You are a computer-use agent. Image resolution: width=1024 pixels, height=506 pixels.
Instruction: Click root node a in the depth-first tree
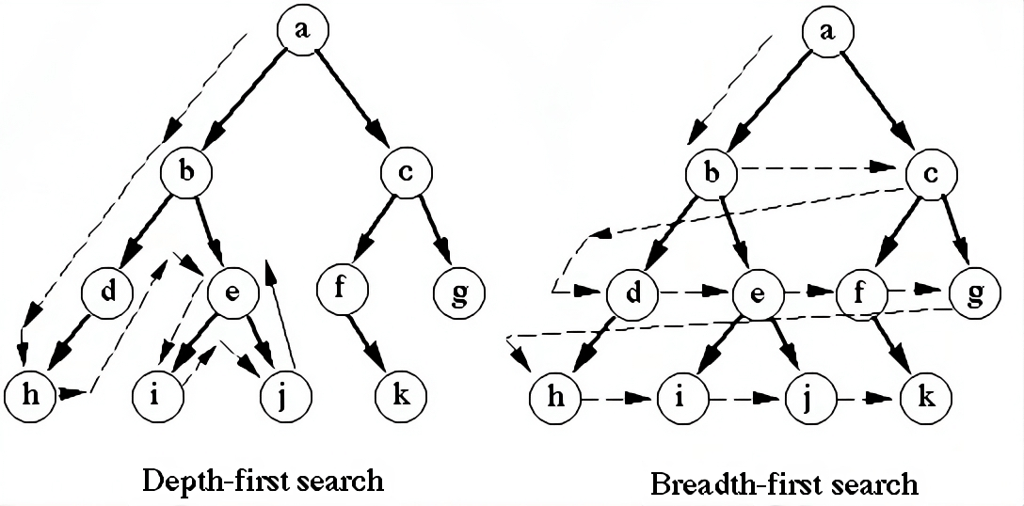301,29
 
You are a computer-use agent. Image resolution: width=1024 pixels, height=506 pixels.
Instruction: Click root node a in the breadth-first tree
827,29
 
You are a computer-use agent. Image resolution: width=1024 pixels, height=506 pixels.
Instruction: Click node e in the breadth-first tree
758,293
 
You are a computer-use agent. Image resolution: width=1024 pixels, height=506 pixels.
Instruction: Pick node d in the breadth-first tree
632,293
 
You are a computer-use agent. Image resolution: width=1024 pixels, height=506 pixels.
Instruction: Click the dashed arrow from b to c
819,169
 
